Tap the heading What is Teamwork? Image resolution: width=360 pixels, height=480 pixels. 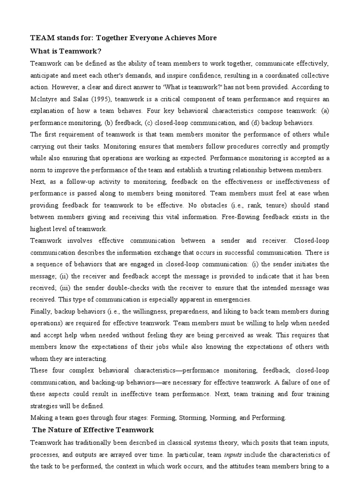coord(66,51)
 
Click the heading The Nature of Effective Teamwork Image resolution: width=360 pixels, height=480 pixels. coord(93,429)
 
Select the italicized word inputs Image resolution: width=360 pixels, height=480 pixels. coord(233,454)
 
